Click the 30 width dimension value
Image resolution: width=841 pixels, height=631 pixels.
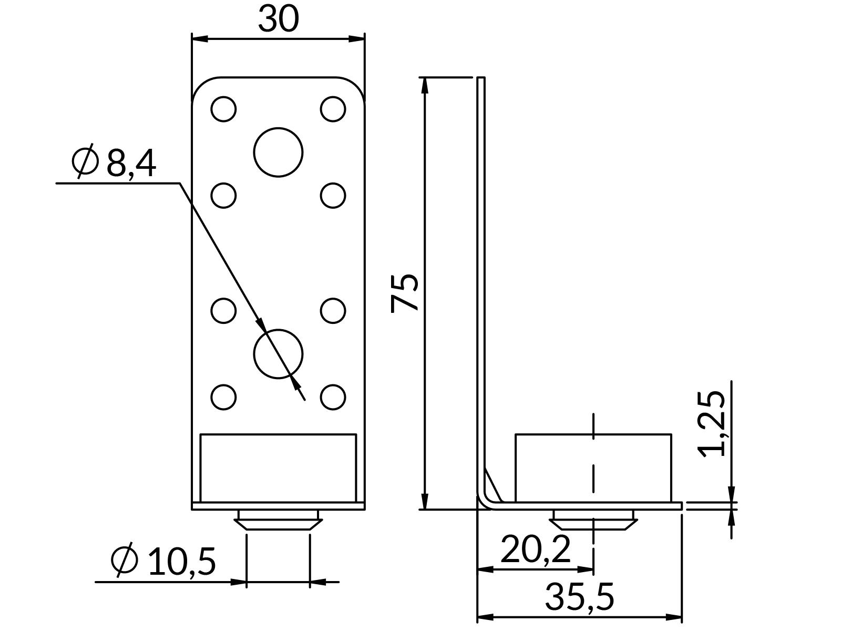point(278,19)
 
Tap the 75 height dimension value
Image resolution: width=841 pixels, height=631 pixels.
point(405,292)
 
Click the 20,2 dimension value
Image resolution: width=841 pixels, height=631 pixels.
point(535,549)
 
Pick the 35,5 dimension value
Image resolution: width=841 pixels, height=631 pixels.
point(579,597)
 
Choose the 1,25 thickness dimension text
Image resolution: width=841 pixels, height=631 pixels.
point(712,424)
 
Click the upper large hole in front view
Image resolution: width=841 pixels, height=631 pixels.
point(278,152)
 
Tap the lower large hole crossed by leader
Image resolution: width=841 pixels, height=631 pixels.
point(278,354)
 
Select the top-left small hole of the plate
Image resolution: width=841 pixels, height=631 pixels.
point(223,109)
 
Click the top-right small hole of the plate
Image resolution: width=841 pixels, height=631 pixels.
point(333,109)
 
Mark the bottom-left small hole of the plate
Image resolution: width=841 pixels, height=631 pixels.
point(223,396)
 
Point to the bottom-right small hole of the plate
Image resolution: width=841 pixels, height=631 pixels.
point(333,396)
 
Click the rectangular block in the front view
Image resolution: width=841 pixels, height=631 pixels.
point(278,467)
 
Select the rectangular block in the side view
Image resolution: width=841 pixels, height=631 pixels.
point(593,467)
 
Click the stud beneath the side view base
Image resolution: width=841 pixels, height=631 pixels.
point(593,521)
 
